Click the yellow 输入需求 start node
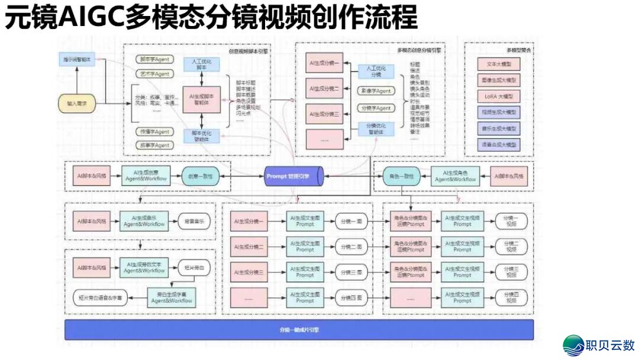pyautogui.click(x=76, y=104)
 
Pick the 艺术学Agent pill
pyautogui.click(x=154, y=74)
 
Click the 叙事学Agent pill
pyautogui.click(x=154, y=145)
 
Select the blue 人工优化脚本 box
pyautogui.click(x=201, y=65)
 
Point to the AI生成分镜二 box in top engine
pyautogui.click(x=324, y=88)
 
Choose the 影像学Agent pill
pyautogui.click(x=376, y=91)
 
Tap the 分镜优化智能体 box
pyautogui.click(x=376, y=130)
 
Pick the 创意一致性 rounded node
pyautogui.click(x=201, y=176)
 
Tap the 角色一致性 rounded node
pyautogui.click(x=401, y=176)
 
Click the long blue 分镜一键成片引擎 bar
pyautogui.click(x=299, y=330)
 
